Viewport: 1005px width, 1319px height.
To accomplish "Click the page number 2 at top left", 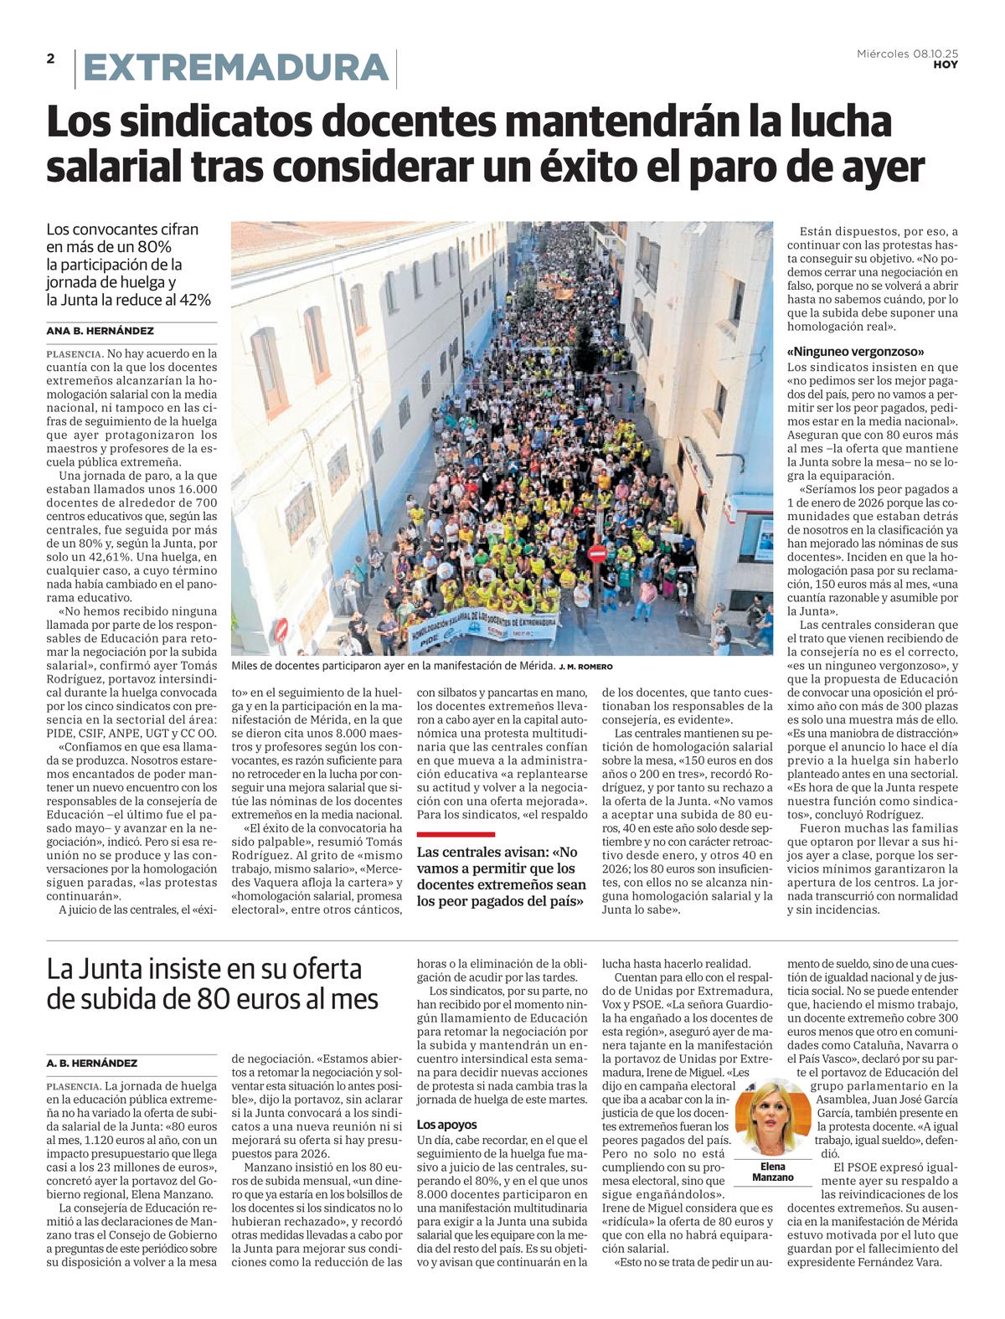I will coord(51,59).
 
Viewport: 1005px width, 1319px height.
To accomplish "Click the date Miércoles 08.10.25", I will coord(907,54).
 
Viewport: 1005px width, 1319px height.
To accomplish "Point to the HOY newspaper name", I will coord(946,65).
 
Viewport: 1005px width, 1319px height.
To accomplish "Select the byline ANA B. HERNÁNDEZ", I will coord(100,331).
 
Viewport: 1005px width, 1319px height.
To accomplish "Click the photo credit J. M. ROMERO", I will coord(585,667).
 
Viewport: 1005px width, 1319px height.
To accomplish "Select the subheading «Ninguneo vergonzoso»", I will coord(855,352).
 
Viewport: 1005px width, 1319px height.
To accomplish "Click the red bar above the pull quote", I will coord(456,834).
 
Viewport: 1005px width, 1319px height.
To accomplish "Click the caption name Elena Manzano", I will coord(772,1172).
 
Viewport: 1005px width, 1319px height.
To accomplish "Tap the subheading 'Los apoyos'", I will coord(447,1125).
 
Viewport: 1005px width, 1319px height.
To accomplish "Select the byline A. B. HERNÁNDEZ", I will coord(92,1063).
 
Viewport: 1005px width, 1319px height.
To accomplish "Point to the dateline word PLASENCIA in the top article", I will coord(74,354).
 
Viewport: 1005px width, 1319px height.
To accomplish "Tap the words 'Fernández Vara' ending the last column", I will coord(899,1263).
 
